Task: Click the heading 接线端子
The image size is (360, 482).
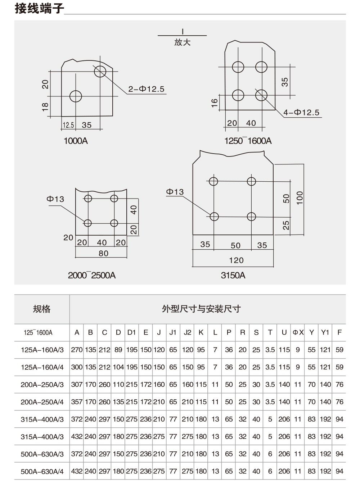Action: point(39,9)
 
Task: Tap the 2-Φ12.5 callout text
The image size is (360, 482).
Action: point(147,89)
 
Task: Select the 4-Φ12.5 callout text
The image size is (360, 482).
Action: point(301,113)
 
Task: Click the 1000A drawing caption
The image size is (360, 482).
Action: point(76,141)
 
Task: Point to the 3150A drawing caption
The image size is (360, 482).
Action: point(233,275)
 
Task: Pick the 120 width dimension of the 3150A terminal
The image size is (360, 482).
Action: point(236,260)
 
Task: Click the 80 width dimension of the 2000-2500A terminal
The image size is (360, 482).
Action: point(103,253)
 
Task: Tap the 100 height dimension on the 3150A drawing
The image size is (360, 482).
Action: point(300,197)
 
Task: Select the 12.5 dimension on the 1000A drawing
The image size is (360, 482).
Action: point(68,125)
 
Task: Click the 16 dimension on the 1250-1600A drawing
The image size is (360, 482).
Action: point(214,103)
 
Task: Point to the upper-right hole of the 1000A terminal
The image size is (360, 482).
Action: point(100,71)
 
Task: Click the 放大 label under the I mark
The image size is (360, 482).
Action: point(182,42)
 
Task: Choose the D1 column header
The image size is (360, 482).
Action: point(131,332)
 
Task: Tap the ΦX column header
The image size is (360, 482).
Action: point(298,332)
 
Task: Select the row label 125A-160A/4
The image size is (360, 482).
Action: point(42,367)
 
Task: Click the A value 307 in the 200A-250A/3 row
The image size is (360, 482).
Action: point(77,385)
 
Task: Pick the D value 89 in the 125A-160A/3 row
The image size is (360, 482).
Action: point(118,350)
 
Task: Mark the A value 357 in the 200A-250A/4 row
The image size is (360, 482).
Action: point(77,402)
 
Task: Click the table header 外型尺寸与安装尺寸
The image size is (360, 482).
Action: point(201,309)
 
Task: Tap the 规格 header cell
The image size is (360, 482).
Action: point(42,309)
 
